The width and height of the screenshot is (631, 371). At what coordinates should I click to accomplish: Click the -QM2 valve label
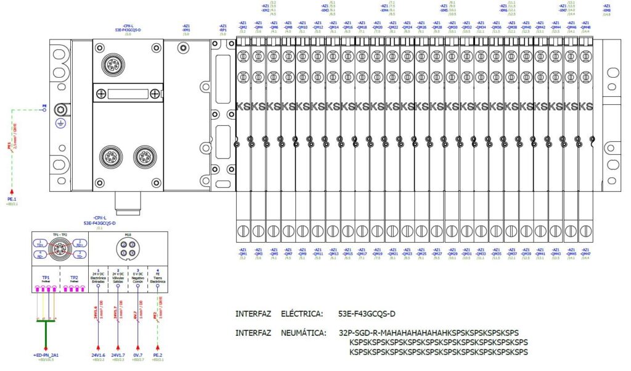click(x=243, y=27)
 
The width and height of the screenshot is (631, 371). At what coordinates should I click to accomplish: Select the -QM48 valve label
click(x=586, y=27)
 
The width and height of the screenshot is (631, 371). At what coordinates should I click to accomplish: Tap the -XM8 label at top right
click(x=606, y=10)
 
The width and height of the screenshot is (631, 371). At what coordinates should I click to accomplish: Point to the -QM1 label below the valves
click(x=243, y=253)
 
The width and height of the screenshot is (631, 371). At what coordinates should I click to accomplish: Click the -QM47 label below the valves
click(x=586, y=253)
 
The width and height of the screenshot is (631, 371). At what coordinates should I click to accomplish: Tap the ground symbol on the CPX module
click(x=60, y=123)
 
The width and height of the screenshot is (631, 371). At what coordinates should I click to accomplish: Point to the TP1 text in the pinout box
click(x=46, y=278)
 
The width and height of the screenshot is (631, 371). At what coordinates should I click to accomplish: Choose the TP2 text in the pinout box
click(x=74, y=278)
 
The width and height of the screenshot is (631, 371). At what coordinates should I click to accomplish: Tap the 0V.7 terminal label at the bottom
click(x=138, y=356)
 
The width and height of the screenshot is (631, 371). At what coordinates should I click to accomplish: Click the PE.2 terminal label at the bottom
click(x=158, y=356)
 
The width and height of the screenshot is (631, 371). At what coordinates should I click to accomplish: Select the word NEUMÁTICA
click(x=302, y=333)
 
